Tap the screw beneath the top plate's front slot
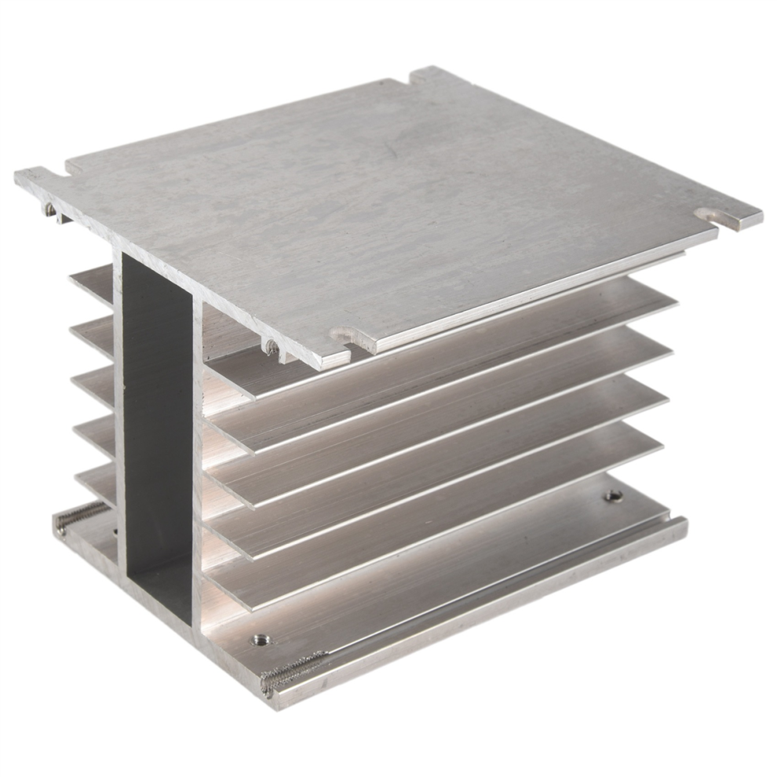click(x=271, y=346)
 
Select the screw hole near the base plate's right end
click(x=612, y=496)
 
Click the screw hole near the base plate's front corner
click(x=257, y=640)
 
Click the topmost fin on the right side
click(x=440, y=330)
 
